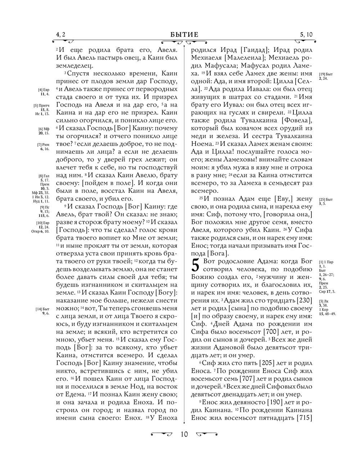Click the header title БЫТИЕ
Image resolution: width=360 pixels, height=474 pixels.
(x=184, y=35)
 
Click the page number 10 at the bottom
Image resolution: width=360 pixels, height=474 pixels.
(x=184, y=434)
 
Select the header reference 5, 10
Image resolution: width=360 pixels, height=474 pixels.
(x=306, y=35)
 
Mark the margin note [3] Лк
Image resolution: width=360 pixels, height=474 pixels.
(x=323, y=301)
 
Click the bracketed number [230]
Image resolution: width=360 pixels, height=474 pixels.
(x=304, y=301)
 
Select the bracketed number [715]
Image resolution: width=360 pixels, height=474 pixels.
(x=304, y=418)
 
